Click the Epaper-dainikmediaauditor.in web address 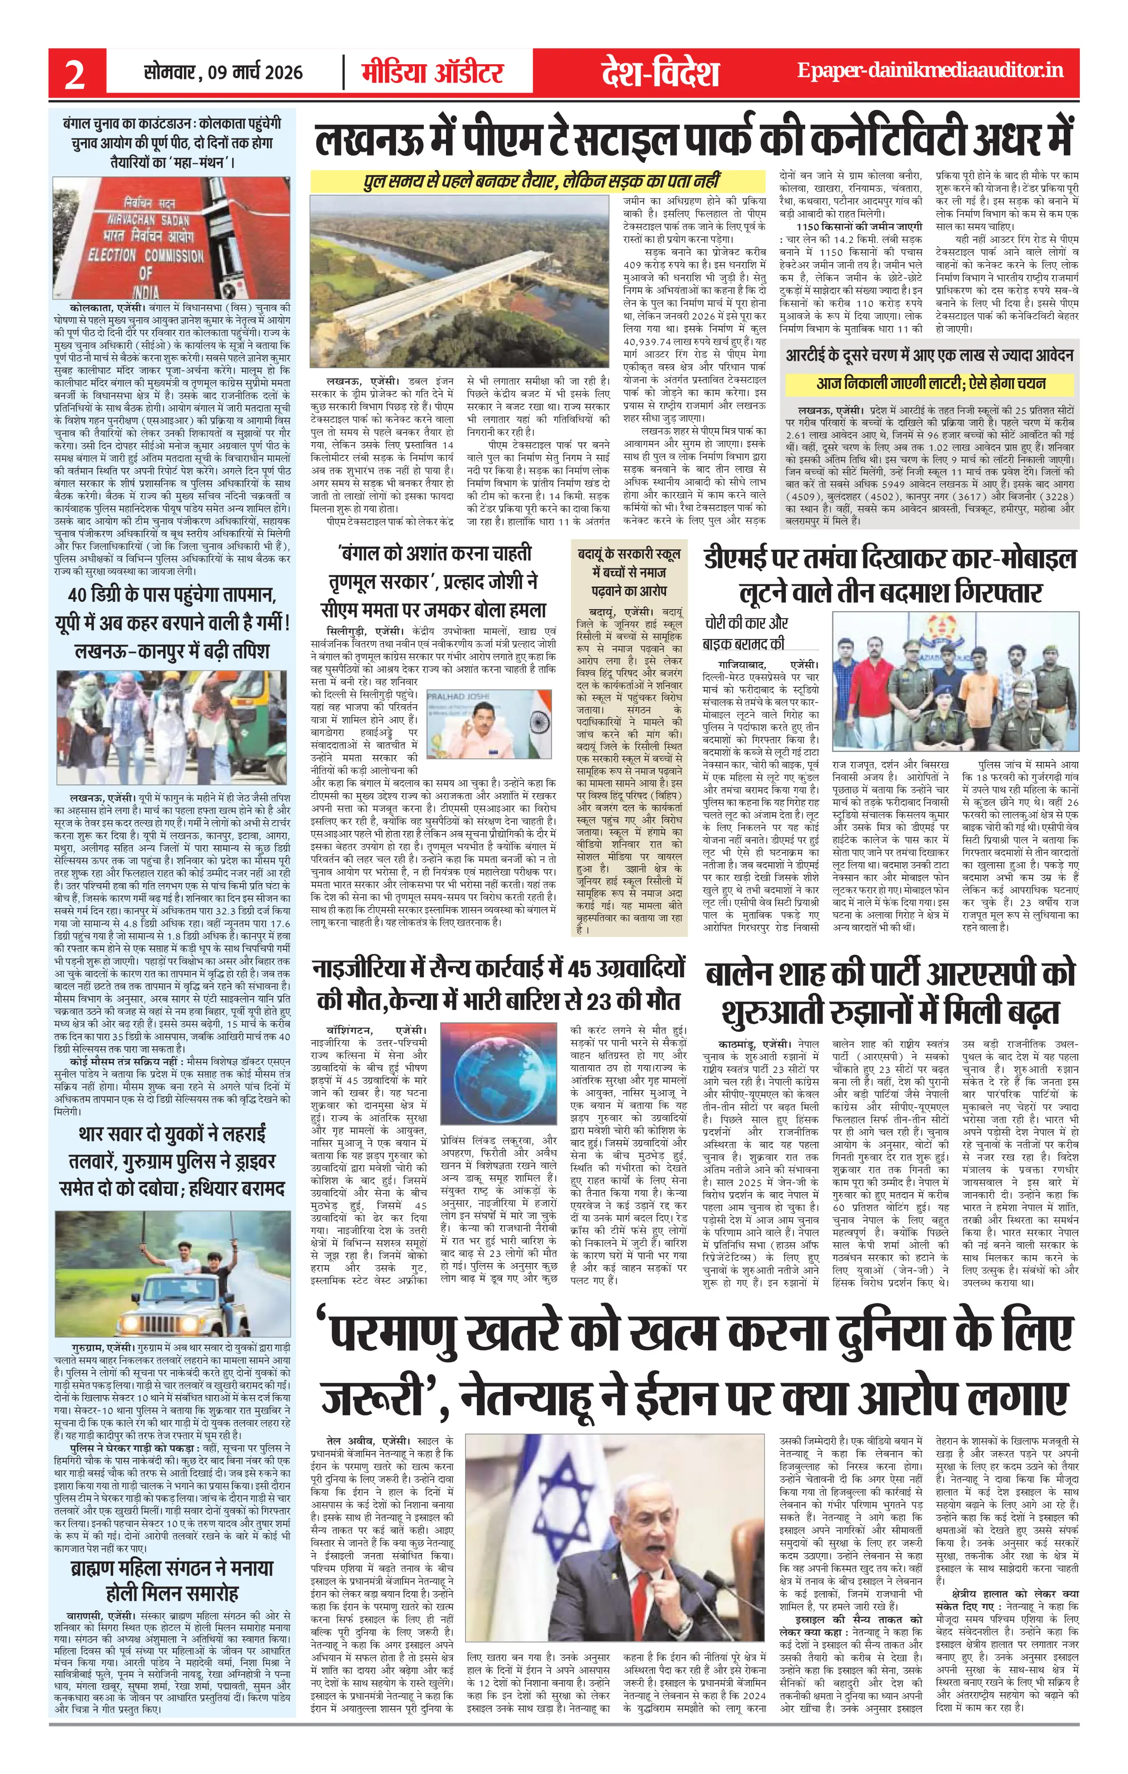tap(931, 71)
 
